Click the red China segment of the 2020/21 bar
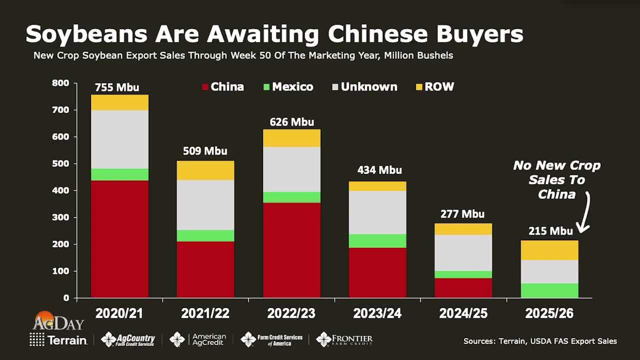point(119,239)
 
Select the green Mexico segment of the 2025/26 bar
point(549,290)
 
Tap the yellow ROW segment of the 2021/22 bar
point(205,170)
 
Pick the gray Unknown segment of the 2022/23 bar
point(291,169)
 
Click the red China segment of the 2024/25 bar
point(463,288)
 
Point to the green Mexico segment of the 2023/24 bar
point(377,241)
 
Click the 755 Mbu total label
point(117,87)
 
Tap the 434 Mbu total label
point(379,170)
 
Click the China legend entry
point(222,87)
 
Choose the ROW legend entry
point(434,87)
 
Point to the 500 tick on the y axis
point(60,163)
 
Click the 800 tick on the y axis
point(60,83)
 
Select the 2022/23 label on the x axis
point(291,313)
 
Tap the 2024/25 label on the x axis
point(463,313)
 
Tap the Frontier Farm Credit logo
point(344,339)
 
